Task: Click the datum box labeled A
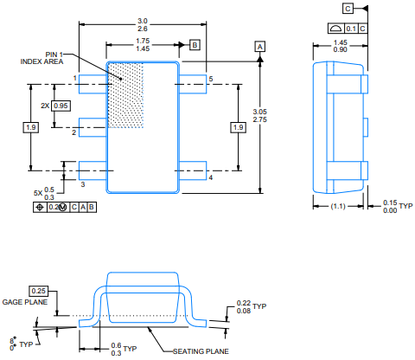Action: click(260, 47)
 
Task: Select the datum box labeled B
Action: click(195, 45)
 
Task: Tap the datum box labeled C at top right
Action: click(348, 9)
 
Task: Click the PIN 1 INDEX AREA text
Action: click(41, 58)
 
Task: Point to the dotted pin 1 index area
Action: click(125, 94)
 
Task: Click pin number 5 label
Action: click(211, 79)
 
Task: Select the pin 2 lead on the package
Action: click(93, 127)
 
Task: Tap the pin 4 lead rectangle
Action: click(193, 170)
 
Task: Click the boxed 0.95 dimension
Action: click(61, 106)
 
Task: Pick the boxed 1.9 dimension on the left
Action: click(31, 127)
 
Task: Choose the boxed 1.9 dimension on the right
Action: click(239, 127)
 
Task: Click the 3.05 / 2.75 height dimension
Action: click(260, 116)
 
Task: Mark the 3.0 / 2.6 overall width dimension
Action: click(143, 25)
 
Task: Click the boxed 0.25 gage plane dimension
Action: click(39, 291)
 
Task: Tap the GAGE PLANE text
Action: click(25, 302)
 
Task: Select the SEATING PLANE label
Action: click(201, 351)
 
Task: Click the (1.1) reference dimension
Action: click(338, 206)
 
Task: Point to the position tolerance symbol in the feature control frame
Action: click(40, 207)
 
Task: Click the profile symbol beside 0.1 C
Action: click(336, 29)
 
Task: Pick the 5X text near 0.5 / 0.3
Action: click(38, 193)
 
